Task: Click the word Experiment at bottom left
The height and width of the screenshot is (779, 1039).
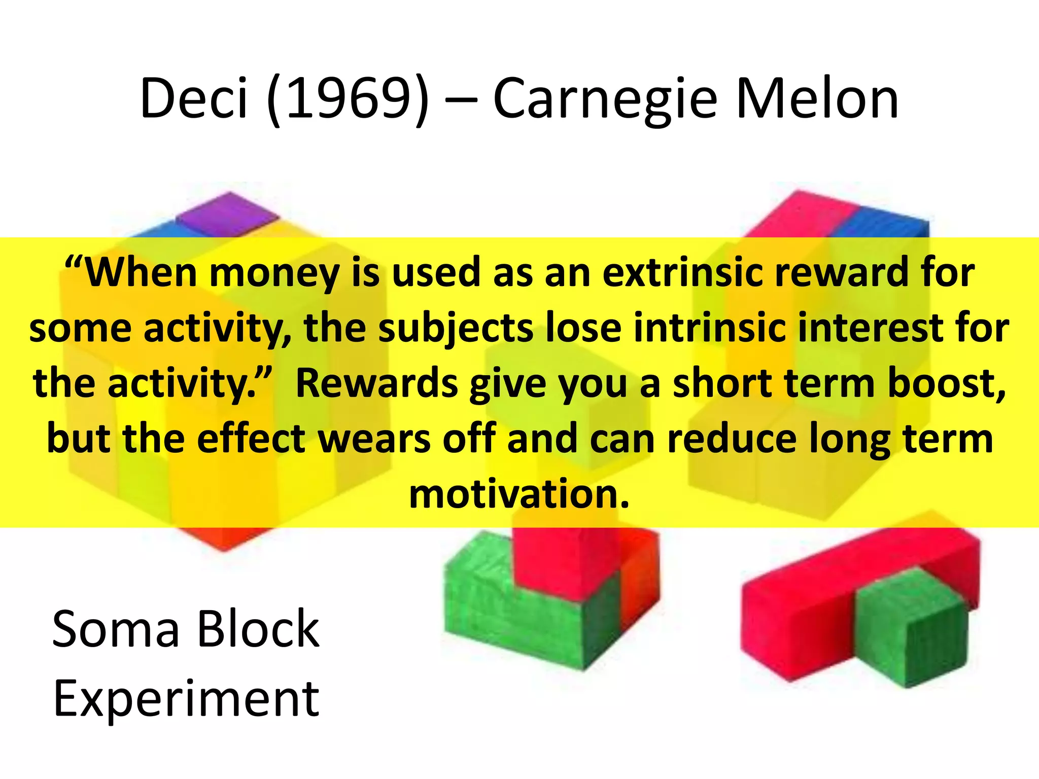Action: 186,699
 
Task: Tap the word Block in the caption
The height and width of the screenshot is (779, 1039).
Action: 258,629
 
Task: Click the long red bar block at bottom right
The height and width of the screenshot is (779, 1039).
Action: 812,609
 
